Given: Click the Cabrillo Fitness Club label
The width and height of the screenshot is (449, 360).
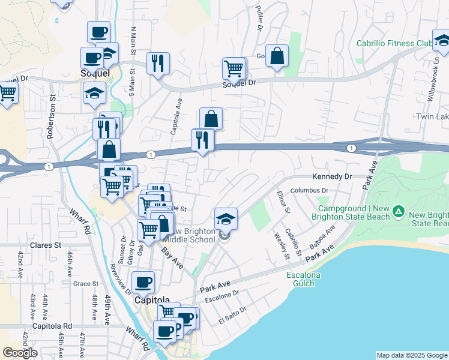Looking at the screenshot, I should (394, 43).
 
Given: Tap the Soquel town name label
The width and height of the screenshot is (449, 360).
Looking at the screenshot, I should (95, 73).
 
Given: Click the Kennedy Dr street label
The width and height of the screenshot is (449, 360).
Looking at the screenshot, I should (331, 177).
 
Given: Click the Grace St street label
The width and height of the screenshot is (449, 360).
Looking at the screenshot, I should (85, 284).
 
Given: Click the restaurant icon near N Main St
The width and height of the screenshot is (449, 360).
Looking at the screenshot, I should (158, 63).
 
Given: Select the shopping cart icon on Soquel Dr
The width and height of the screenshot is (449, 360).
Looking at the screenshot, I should (234, 67).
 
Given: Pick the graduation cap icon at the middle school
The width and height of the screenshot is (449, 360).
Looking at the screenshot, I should (226, 218).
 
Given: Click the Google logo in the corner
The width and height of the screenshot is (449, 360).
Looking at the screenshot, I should (20, 353).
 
